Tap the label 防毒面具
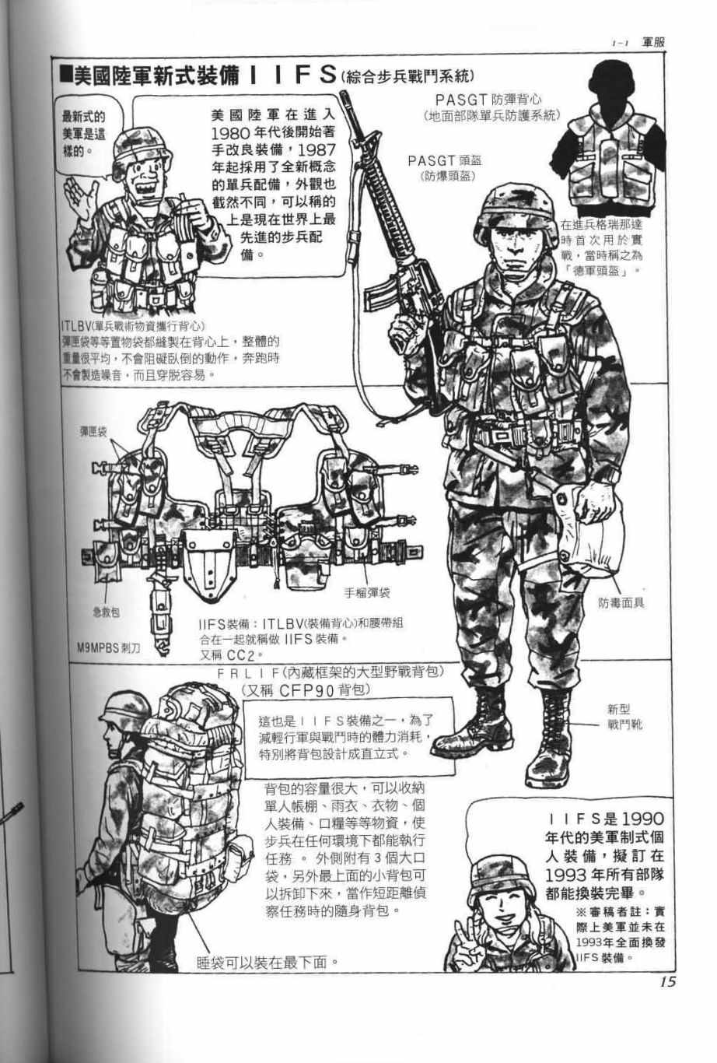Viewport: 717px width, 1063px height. click(x=621, y=603)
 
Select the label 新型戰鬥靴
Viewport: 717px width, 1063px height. click(x=624, y=717)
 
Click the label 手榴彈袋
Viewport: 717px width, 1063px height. click(x=367, y=593)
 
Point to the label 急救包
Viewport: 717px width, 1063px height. click(x=107, y=612)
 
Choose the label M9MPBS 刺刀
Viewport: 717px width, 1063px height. click(x=108, y=648)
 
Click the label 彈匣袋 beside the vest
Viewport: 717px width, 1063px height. click(x=93, y=431)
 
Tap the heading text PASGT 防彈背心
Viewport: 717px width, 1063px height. click(x=488, y=100)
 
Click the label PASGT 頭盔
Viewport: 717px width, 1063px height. click(x=444, y=161)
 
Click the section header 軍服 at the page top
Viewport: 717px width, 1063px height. click(x=653, y=42)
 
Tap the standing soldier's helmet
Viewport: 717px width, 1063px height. click(x=516, y=212)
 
